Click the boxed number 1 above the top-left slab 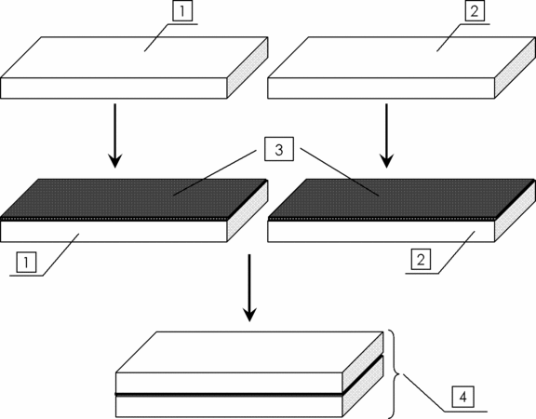[x=182, y=11]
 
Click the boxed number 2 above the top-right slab [x=475, y=11]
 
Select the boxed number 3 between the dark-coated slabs [x=279, y=149]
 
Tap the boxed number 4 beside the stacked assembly [x=462, y=397]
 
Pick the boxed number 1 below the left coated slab [x=26, y=263]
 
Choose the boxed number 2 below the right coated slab [x=421, y=260]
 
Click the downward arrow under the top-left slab [x=114, y=136]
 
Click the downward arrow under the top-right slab [x=386, y=136]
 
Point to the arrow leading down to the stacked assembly [x=249, y=288]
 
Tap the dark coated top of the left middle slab [x=134, y=198]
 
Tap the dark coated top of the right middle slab [x=402, y=198]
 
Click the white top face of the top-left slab [x=134, y=58]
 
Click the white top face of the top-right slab [x=402, y=58]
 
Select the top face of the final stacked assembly [x=249, y=352]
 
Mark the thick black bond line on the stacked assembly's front [x=229, y=395]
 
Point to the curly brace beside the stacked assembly [x=395, y=374]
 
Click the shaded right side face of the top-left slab [x=248, y=68]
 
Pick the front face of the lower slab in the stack [x=229, y=407]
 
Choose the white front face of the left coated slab [x=114, y=232]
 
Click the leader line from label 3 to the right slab [x=340, y=172]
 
